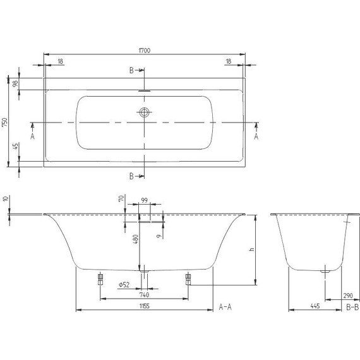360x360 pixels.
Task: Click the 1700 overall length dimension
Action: [x=145, y=50]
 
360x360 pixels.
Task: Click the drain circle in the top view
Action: [x=145, y=114]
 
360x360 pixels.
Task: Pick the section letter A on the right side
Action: [x=256, y=135]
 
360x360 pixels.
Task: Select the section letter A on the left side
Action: [x=33, y=135]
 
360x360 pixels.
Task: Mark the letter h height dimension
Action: [x=251, y=249]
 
